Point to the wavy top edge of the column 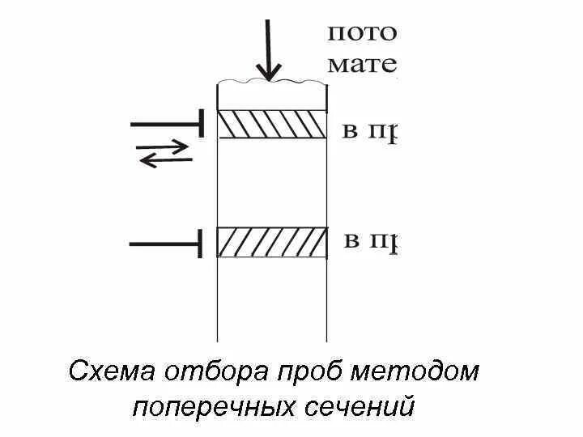click(272, 81)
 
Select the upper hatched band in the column click(272, 124)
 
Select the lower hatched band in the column click(272, 243)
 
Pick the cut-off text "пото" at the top click(361, 34)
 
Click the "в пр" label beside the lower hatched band click(369, 242)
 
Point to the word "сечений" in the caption click(361, 405)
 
